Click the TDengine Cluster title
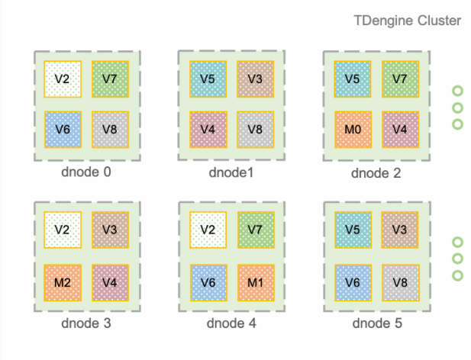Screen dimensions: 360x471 tap(407, 21)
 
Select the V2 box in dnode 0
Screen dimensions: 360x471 tap(63, 79)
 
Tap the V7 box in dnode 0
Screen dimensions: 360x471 tap(110, 79)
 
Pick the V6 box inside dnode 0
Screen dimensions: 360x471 tap(63, 130)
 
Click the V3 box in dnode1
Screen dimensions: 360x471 tap(255, 79)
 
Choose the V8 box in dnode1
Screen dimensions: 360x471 tap(255, 130)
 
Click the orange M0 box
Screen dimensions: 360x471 tap(353, 130)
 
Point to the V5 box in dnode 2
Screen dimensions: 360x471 tap(353, 79)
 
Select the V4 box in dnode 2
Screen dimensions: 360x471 tap(400, 130)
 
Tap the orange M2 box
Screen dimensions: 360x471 tap(63, 282)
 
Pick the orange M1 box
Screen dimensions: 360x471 tap(255, 282)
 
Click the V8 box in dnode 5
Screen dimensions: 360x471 tap(400, 282)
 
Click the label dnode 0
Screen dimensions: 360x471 tap(85, 172)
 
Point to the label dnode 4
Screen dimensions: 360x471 tap(231, 323)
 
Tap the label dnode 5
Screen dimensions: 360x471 tap(376, 323)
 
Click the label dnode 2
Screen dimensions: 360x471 tap(376, 172)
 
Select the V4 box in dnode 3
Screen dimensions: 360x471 tap(110, 282)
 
